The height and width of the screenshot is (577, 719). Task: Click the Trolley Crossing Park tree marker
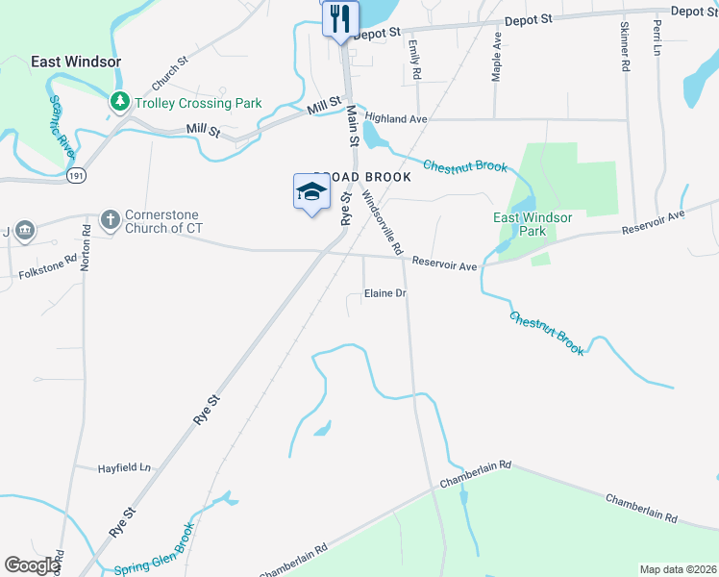[120, 101]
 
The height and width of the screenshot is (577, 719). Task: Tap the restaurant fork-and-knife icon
[340, 18]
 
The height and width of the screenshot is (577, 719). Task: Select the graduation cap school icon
[310, 192]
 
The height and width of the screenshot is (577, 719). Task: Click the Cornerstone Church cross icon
[110, 220]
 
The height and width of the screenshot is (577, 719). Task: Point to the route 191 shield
[77, 176]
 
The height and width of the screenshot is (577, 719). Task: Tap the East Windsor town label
[76, 62]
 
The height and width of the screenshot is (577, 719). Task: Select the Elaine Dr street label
[385, 293]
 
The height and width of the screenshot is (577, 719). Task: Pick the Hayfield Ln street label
[125, 468]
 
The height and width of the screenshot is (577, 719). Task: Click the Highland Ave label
[395, 118]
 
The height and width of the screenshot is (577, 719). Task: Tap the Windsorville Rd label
[383, 221]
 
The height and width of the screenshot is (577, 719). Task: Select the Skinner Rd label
[625, 47]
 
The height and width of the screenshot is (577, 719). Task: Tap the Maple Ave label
[497, 57]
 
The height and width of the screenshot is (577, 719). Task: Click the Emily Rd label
[414, 59]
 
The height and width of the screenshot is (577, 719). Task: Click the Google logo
[32, 565]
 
